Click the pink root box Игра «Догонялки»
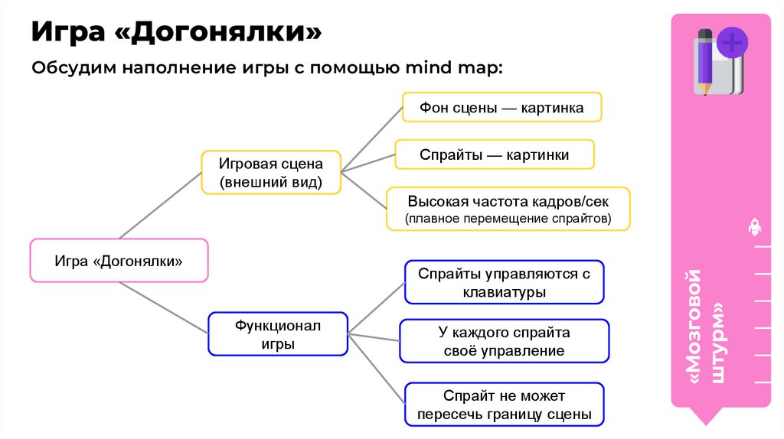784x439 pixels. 119,260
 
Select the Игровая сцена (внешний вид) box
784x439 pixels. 271,173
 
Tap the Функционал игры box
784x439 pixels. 278,334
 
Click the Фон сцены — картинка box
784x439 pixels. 501,108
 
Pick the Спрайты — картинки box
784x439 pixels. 494,155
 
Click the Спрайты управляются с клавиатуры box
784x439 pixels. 504,282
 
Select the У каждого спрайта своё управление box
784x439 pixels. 504,341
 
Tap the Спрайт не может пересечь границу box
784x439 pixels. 504,405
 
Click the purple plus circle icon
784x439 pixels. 733,42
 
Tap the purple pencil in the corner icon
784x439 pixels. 704,61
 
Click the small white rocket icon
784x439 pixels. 753,226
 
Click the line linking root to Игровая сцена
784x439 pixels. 159,205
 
